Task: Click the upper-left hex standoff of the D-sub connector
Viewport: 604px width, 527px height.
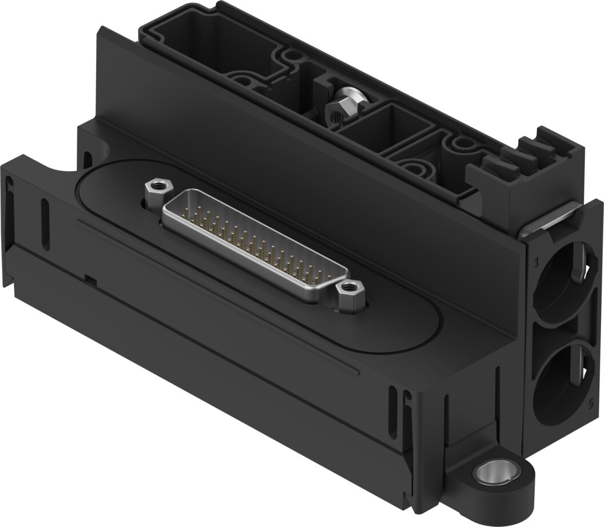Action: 154,187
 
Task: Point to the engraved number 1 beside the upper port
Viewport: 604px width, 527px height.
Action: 536,263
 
